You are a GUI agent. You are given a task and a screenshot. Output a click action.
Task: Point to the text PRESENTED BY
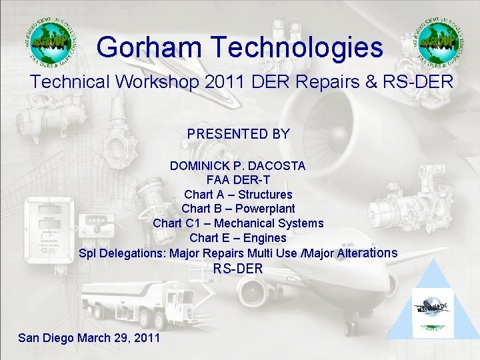coord(239,134)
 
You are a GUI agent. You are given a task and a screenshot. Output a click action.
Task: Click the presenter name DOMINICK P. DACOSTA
coord(238,166)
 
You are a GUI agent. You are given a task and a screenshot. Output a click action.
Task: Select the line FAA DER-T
coord(238,180)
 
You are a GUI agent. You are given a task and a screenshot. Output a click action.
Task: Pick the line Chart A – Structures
coord(238,195)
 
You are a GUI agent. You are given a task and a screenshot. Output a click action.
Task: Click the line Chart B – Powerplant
coord(238,209)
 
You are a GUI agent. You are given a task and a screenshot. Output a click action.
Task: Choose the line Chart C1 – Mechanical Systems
coord(238,223)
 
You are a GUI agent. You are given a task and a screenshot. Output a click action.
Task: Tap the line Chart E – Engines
coord(238,238)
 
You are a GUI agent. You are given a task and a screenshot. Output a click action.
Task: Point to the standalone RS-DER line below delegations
coord(238,269)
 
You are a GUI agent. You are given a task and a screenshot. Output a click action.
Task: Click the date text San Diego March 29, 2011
coord(89,338)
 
